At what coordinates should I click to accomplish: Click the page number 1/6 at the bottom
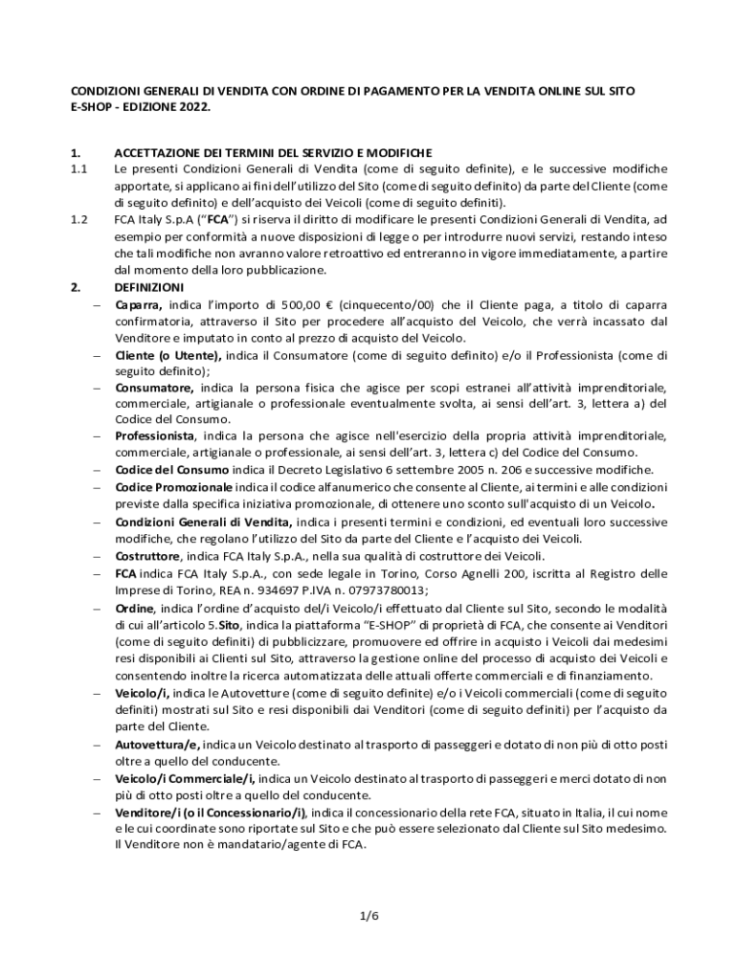[x=368, y=916]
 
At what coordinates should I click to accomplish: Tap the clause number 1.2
[x=79, y=219]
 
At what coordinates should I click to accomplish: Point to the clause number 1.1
[x=79, y=168]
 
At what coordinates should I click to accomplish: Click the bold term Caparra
[x=138, y=305]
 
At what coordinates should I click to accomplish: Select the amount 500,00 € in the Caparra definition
[x=290, y=305]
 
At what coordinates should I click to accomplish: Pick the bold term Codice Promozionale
[x=173, y=487]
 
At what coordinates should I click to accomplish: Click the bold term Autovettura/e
[x=157, y=745]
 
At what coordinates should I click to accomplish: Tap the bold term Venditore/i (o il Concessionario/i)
[x=211, y=813]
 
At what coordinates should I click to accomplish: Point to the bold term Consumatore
[x=153, y=388]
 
